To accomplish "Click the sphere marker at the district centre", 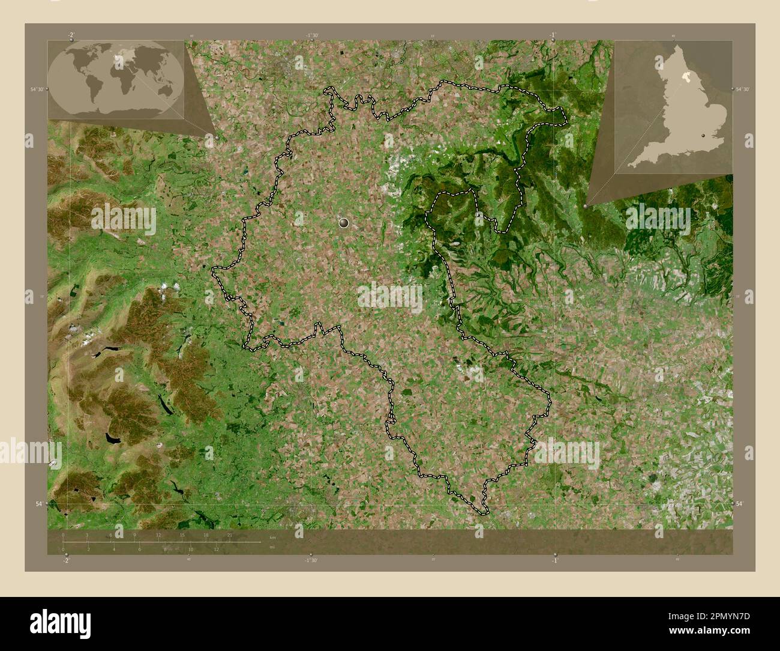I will point(344,223).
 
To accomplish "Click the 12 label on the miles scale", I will point(216,549).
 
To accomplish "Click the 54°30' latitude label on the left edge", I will point(37,89).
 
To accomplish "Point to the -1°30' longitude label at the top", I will point(311,35).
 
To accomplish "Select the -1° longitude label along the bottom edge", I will point(555,560).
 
